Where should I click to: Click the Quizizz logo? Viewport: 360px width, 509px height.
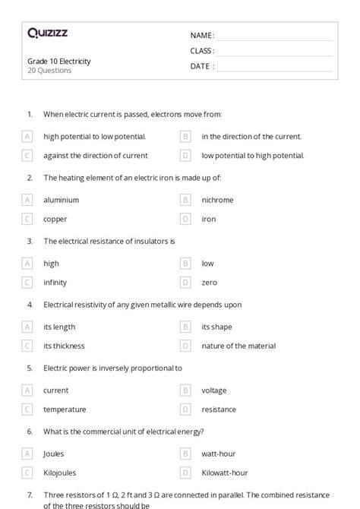[47, 34]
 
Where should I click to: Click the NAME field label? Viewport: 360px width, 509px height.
[202, 35]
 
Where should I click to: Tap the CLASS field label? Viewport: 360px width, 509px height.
[203, 51]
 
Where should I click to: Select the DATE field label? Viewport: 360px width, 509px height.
[202, 66]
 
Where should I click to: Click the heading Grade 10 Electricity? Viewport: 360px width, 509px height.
[58, 62]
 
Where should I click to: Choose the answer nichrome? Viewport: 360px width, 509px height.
[217, 200]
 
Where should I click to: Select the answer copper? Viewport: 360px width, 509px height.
[55, 219]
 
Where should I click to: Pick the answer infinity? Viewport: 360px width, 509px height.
[55, 283]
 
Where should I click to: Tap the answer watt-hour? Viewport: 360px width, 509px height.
[219, 454]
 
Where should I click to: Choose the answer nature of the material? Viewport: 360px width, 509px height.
[238, 346]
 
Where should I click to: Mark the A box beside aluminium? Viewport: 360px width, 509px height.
[27, 200]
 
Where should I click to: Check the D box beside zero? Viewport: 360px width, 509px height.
[185, 283]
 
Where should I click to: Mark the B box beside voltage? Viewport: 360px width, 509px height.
[185, 390]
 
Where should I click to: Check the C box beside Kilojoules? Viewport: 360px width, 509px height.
[27, 473]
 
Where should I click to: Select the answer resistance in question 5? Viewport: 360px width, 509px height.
[219, 409]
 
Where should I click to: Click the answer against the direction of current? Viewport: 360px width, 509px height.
[96, 156]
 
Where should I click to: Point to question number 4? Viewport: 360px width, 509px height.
[30, 305]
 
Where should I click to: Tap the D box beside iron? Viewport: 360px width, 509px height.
[185, 219]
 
